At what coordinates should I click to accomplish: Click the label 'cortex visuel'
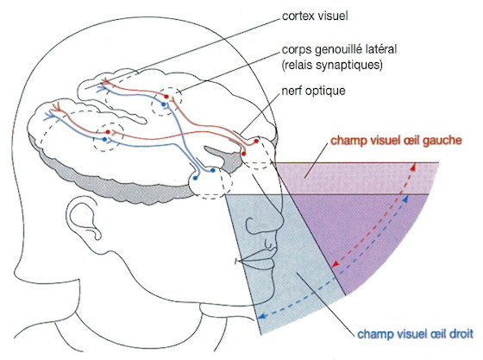(315, 16)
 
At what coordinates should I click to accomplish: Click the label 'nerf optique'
(313, 91)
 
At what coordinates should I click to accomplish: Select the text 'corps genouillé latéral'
(339, 49)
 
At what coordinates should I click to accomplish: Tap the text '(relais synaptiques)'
(332, 66)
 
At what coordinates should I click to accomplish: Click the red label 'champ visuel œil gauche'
(397, 140)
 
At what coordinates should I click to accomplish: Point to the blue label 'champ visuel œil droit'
(415, 334)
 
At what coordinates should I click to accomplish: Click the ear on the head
(83, 218)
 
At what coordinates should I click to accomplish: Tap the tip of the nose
(282, 218)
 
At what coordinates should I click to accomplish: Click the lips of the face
(262, 258)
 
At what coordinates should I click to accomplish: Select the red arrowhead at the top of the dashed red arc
(414, 167)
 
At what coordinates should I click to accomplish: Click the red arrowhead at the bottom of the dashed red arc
(336, 264)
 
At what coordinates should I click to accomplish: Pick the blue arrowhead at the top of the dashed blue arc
(405, 199)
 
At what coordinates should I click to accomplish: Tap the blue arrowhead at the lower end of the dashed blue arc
(262, 316)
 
